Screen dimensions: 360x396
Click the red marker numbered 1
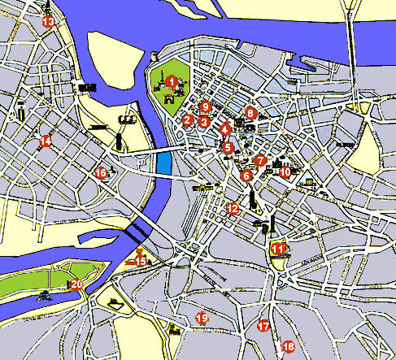tap(171, 80)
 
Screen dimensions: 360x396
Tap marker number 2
tap(188, 121)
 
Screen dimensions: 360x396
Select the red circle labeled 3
tap(204, 122)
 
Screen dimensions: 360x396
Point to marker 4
tap(224, 129)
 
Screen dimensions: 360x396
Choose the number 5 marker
tap(228, 148)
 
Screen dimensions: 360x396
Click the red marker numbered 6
tap(246, 176)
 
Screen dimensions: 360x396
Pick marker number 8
tap(250, 113)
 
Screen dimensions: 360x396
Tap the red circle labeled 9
tap(206, 106)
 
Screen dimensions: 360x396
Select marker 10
tap(285, 171)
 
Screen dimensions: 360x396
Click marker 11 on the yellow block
tap(279, 249)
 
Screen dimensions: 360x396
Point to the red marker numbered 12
tap(233, 209)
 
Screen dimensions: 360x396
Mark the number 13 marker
tap(48, 21)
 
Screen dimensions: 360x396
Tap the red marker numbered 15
tap(141, 260)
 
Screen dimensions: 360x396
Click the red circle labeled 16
tap(102, 172)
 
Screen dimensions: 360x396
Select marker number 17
tap(263, 327)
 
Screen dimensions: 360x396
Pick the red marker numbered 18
tap(288, 349)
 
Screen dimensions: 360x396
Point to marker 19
tap(202, 318)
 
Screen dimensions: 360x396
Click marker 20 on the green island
tap(76, 284)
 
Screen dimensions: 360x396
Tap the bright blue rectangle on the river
tap(164, 163)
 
